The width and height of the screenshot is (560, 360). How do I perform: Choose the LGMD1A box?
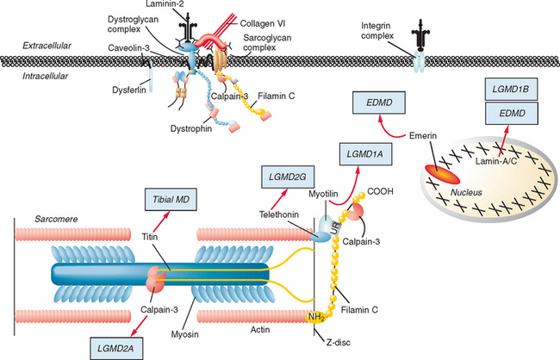(365, 152)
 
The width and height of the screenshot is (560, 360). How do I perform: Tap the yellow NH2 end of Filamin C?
(315, 318)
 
